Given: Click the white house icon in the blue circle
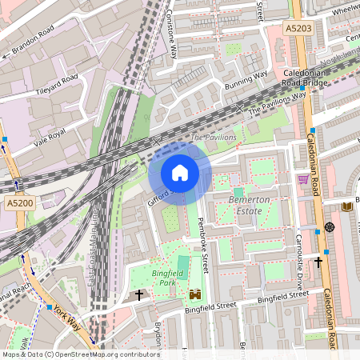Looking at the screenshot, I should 180,173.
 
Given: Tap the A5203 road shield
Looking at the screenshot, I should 298,28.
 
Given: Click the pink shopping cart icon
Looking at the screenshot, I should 303,179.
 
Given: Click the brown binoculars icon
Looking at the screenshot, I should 193,295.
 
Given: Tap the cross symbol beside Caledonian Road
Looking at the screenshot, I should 318,261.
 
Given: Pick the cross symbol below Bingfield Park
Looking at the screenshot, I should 138,295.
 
